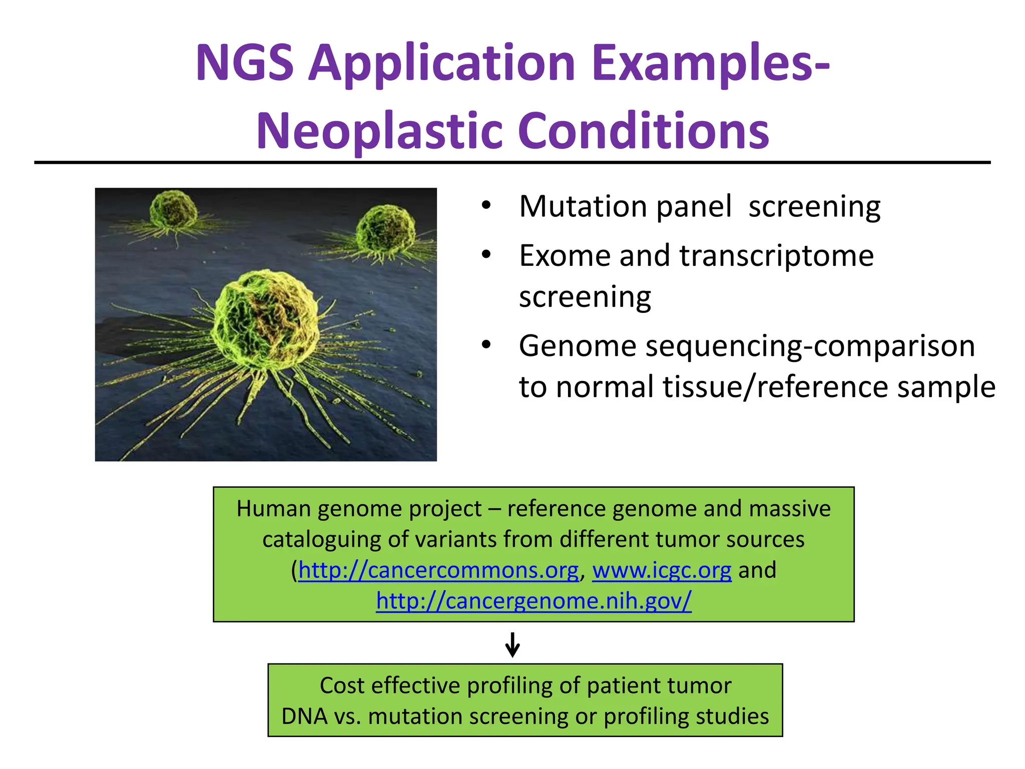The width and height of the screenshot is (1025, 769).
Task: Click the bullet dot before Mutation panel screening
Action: coord(486,206)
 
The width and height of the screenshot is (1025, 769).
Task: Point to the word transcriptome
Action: coord(776,256)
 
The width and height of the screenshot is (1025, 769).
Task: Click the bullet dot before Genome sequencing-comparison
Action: coord(486,345)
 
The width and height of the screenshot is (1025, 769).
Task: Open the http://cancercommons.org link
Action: coord(438,570)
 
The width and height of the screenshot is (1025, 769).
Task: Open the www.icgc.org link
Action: coord(662,570)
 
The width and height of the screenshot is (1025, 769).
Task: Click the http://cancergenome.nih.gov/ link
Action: coord(534,601)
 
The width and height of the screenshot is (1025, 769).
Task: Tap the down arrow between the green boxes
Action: coord(512,644)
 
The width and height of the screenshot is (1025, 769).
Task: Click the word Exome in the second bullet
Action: coord(565,256)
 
